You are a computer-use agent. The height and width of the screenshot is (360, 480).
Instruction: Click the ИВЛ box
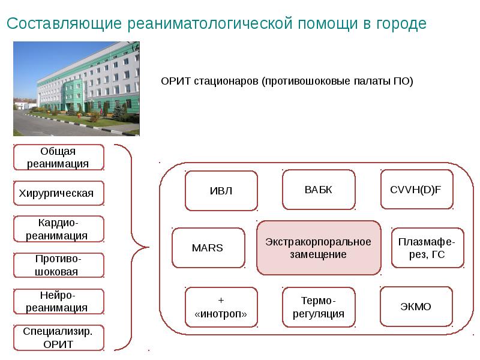click(221, 191)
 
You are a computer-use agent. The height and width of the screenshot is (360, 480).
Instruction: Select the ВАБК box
click(318, 190)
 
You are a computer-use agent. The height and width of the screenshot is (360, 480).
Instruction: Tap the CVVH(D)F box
click(416, 190)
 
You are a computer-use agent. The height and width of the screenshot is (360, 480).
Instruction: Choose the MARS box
click(208, 247)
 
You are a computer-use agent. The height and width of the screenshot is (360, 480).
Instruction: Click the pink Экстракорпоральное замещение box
click(319, 247)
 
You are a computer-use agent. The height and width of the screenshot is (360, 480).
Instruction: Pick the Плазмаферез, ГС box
click(427, 247)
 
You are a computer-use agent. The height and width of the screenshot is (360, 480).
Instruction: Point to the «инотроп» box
click(221, 307)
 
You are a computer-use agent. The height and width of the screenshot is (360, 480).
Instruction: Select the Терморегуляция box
click(318, 307)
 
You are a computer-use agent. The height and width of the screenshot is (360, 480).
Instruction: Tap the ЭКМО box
click(416, 307)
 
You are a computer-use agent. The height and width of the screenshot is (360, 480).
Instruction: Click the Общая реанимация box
click(58, 157)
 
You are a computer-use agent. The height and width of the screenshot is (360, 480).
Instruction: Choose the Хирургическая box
click(58, 193)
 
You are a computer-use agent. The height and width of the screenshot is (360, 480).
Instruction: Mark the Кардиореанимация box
click(58, 229)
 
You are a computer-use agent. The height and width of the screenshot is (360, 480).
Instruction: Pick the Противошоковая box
click(58, 265)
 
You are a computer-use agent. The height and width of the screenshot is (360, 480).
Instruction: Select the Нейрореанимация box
click(58, 301)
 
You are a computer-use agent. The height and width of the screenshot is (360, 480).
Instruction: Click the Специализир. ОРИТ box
click(58, 337)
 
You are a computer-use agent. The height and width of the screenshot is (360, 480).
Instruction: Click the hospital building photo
click(76, 88)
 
